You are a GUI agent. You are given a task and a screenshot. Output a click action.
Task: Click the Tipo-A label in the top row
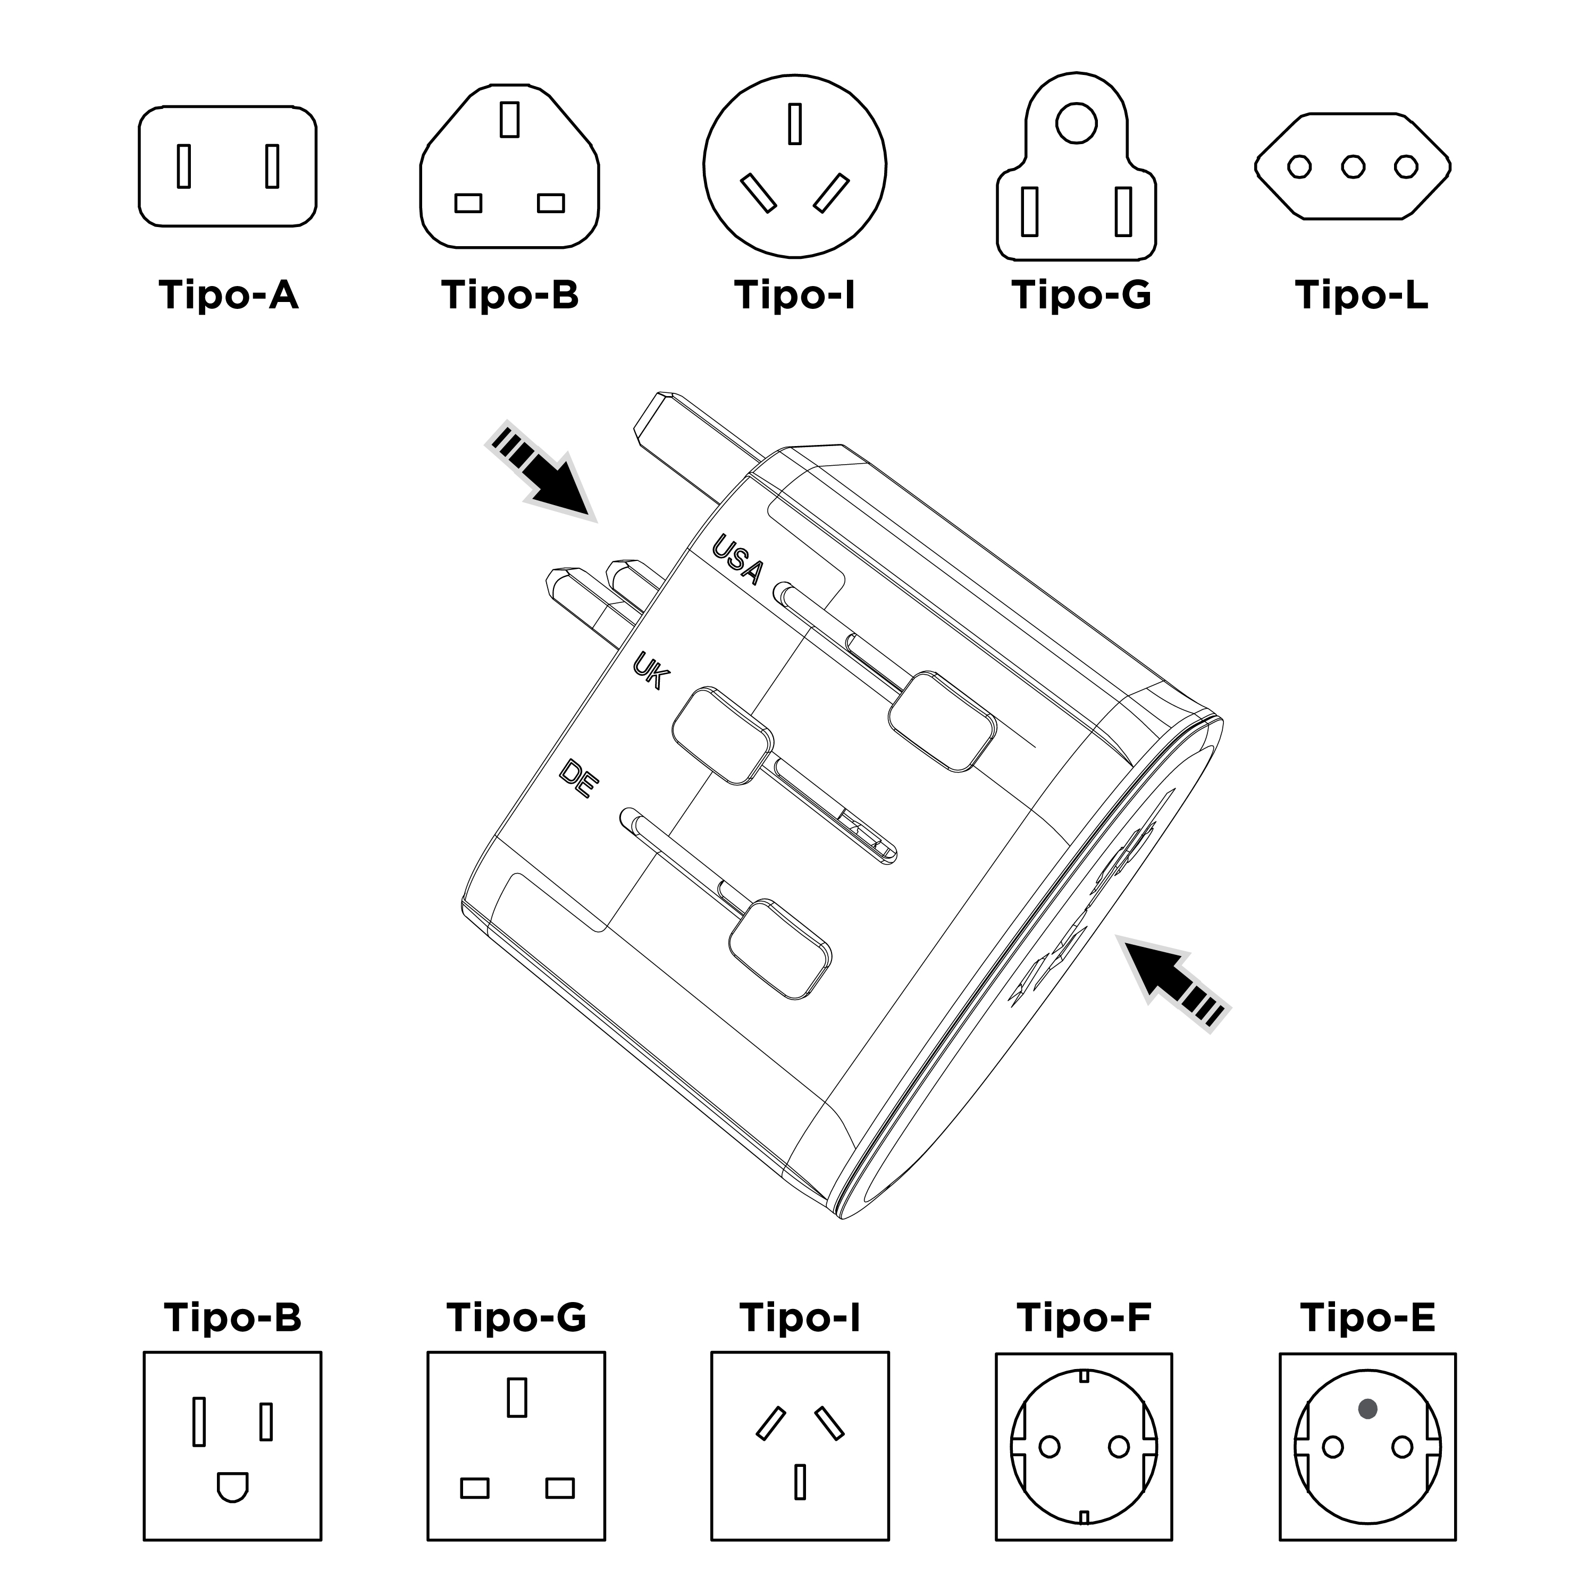228,295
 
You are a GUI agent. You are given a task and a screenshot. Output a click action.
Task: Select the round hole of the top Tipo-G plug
1077,123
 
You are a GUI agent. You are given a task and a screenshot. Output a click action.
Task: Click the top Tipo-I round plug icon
794,166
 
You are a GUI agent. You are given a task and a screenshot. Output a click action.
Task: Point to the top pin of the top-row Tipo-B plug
509,119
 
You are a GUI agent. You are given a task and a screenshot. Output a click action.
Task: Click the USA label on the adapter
737,559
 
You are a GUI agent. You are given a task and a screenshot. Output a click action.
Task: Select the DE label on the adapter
578,778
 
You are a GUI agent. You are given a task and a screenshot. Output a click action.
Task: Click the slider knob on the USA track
941,721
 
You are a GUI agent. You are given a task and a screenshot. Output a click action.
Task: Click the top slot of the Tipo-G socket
517,1397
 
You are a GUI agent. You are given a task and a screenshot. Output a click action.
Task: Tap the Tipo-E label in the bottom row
1367,1317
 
